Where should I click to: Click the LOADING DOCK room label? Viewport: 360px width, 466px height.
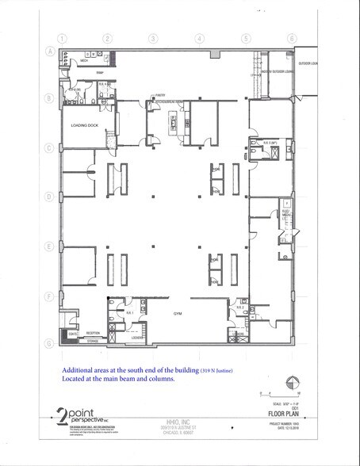click(x=83, y=124)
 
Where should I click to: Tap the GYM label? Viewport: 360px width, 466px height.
click(x=178, y=313)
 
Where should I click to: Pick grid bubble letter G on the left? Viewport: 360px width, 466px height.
click(x=48, y=343)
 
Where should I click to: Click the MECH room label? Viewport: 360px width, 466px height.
click(x=82, y=59)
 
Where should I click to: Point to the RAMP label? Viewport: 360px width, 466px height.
click(x=101, y=73)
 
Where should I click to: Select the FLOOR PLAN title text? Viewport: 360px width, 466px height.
click(x=281, y=411)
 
